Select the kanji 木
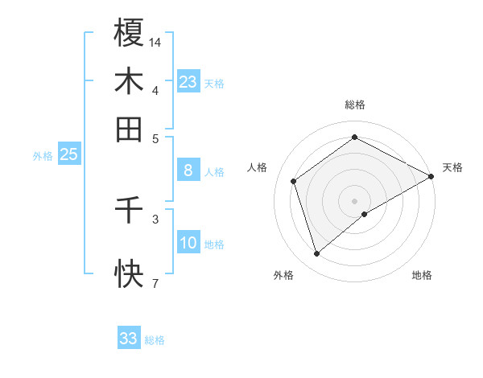[x=129, y=81]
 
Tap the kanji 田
[x=129, y=129]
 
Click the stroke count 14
[x=155, y=41]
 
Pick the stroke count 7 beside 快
[x=155, y=283]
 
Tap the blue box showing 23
[x=188, y=82]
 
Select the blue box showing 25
[x=68, y=155]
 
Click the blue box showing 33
[x=129, y=339]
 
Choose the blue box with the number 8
[x=188, y=171]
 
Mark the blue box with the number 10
[x=188, y=243]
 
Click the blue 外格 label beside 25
[x=43, y=156]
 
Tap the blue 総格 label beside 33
[x=155, y=339]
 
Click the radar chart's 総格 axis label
[x=354, y=105]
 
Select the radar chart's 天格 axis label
[x=452, y=167]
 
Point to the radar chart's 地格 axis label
[x=422, y=276]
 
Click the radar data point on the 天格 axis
[x=431, y=176]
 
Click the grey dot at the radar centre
[x=354, y=200]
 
